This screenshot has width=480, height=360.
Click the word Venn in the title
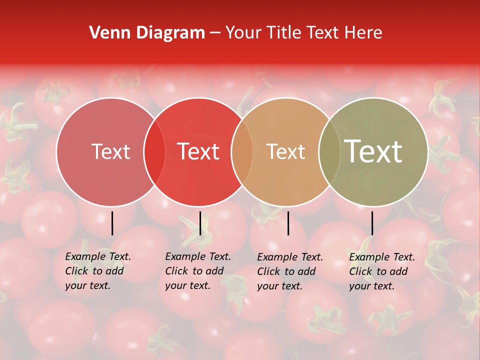coord(106,32)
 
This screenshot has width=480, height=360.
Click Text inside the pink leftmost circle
coord(110,151)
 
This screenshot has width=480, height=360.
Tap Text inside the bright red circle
coord(198,151)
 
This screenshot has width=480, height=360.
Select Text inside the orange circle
coord(285,151)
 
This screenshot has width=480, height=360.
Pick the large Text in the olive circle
coord(373,151)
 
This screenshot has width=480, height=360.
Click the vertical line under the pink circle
coord(112,223)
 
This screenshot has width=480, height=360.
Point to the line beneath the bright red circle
coord(200,223)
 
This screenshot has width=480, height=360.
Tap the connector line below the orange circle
coord(288,223)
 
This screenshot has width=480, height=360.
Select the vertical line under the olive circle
coord(372,223)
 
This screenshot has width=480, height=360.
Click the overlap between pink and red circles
coord(154,151)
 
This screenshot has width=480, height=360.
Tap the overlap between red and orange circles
coord(241,151)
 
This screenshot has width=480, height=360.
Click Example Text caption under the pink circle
coord(98,271)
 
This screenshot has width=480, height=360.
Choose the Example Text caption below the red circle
coord(198,271)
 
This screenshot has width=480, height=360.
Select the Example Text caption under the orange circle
coord(290,271)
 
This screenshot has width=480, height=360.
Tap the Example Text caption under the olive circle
coord(382,271)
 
